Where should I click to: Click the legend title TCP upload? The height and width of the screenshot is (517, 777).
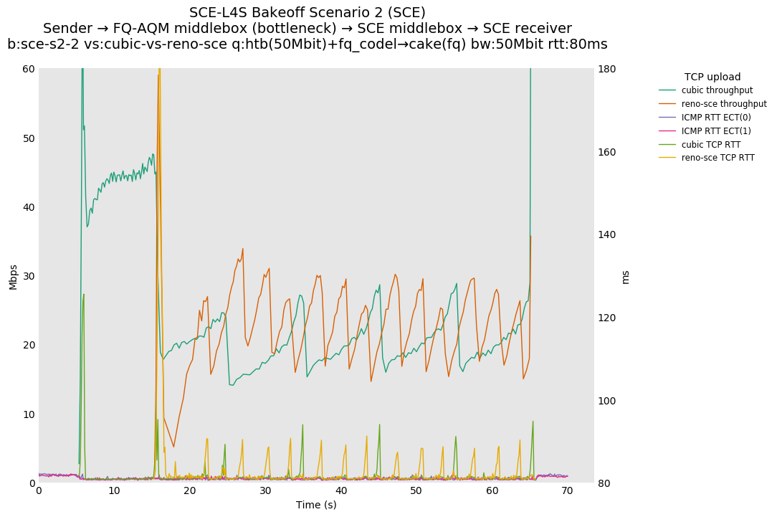tap(712, 77)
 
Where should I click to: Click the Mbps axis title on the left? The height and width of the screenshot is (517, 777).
tap(13, 276)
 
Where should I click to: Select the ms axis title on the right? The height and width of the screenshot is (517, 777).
tap(625, 277)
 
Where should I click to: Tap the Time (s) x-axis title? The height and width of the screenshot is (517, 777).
tap(316, 505)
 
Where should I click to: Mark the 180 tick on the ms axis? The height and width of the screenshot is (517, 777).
tap(608, 69)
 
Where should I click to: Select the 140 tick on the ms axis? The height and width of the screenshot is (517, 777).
tap(608, 234)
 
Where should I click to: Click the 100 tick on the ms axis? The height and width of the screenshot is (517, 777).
tap(608, 401)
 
